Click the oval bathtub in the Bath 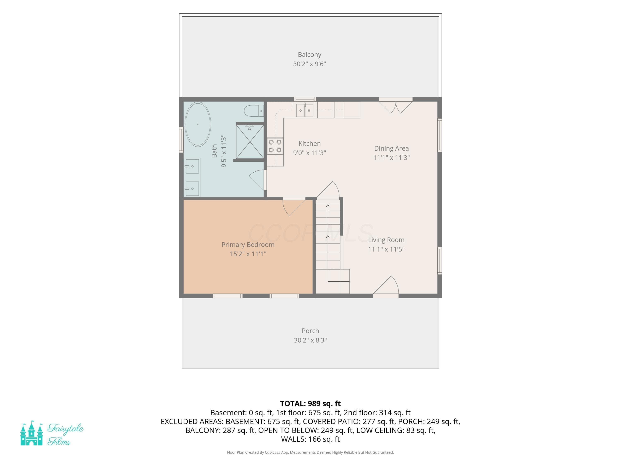pos(198,124)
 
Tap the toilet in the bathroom pos(254,111)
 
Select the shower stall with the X pos(250,142)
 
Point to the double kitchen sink pos(305,110)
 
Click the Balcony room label pos(309,55)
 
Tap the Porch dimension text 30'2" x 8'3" pos(310,340)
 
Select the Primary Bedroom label pos(248,245)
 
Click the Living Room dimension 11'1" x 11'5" pos(386,249)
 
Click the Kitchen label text pos(309,143)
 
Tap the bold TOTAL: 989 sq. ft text pos(310,403)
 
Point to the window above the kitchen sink pos(305,99)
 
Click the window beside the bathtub pos(181,140)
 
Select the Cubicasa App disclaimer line pos(310,452)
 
